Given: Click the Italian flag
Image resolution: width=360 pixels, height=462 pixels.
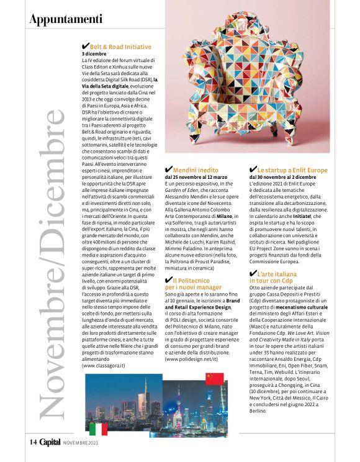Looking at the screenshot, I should [98, 428].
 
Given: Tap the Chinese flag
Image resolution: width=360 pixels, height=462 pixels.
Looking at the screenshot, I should [214, 378].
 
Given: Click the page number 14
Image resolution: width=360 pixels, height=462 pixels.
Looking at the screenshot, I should [33, 442].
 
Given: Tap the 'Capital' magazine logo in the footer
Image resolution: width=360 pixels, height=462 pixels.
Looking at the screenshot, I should [50, 442].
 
